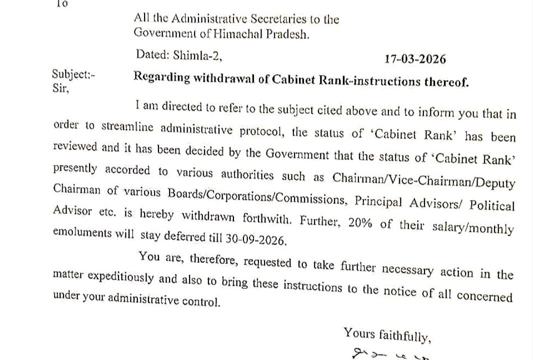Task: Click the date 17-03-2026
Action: tap(415, 59)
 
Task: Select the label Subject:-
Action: tap(73, 74)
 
